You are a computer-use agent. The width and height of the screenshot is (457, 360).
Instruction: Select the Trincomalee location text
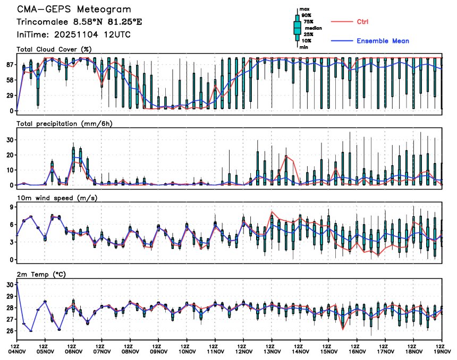[x=79, y=22]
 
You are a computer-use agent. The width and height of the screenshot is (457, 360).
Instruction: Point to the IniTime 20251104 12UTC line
[x=74, y=35]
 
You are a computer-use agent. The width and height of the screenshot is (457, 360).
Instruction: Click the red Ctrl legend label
[x=362, y=21]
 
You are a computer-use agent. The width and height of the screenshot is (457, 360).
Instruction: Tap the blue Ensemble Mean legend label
[x=383, y=41]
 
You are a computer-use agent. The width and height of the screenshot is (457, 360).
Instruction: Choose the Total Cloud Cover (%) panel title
[x=55, y=49]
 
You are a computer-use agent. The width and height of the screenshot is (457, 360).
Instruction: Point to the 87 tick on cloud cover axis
[x=9, y=64]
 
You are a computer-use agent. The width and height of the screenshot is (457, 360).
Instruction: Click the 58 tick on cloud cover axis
[x=9, y=80]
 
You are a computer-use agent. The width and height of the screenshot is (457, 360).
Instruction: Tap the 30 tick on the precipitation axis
[x=9, y=140]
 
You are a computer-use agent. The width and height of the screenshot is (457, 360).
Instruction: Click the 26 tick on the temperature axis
[x=9, y=331]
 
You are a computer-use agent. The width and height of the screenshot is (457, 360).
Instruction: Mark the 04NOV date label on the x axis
[x=17, y=351]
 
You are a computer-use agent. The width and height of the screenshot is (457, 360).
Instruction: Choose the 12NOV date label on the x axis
[x=243, y=351]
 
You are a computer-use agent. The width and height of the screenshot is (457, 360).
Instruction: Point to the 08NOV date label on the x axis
[x=130, y=351]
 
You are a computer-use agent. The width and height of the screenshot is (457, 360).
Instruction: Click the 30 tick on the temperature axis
[x=9, y=285]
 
